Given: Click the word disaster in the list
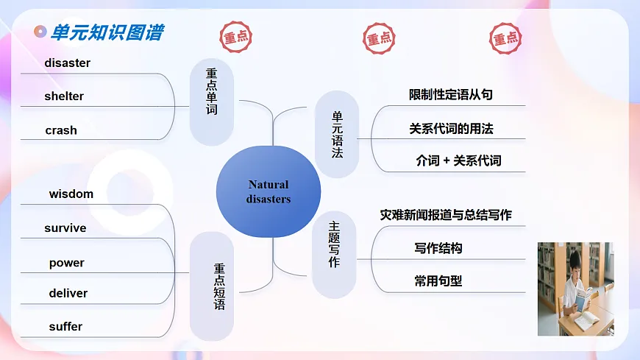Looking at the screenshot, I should tap(67, 63).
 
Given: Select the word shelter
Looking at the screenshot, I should tap(64, 96).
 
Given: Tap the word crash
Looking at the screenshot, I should tap(61, 130).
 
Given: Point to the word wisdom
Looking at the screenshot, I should tap(71, 194).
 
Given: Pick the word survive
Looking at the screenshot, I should tap(65, 228).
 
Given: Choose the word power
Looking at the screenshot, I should tap(67, 263).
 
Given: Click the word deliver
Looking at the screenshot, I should tap(68, 293).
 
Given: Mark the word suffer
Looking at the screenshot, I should tap(65, 326).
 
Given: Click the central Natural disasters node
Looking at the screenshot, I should tap(269, 191).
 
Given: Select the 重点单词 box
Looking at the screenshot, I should tap(211, 102).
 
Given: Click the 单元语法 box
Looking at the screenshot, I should tap(337, 135).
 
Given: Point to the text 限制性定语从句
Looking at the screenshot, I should tap(450, 95).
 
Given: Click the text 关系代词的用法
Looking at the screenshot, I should tap(451, 129).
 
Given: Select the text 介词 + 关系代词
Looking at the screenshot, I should tap(458, 160).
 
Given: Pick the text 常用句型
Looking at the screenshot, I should tap(438, 280).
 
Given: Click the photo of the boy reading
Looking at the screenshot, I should tap(575, 289).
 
